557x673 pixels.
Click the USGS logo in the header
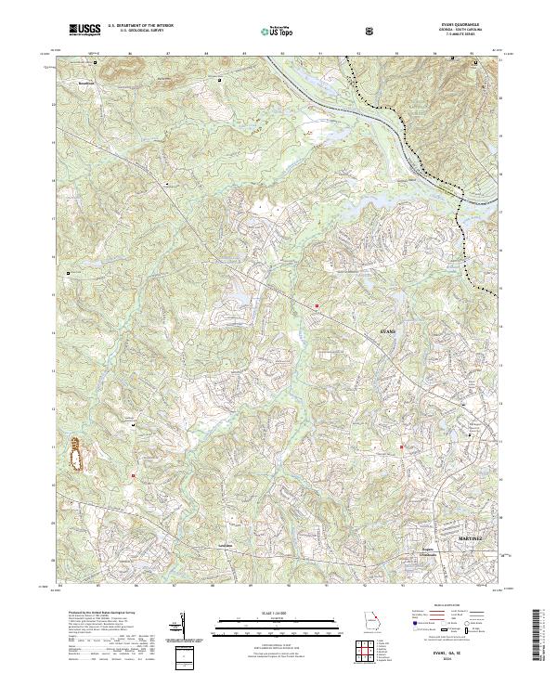(x=84, y=30)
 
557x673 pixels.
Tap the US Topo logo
(x=270, y=30)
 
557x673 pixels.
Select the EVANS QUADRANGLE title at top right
(x=457, y=26)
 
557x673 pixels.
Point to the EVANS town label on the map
(x=389, y=330)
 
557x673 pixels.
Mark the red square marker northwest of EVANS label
(x=317, y=304)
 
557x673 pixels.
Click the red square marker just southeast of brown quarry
(x=134, y=475)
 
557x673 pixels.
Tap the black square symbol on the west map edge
(x=68, y=273)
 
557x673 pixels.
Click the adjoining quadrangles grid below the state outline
(x=368, y=654)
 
